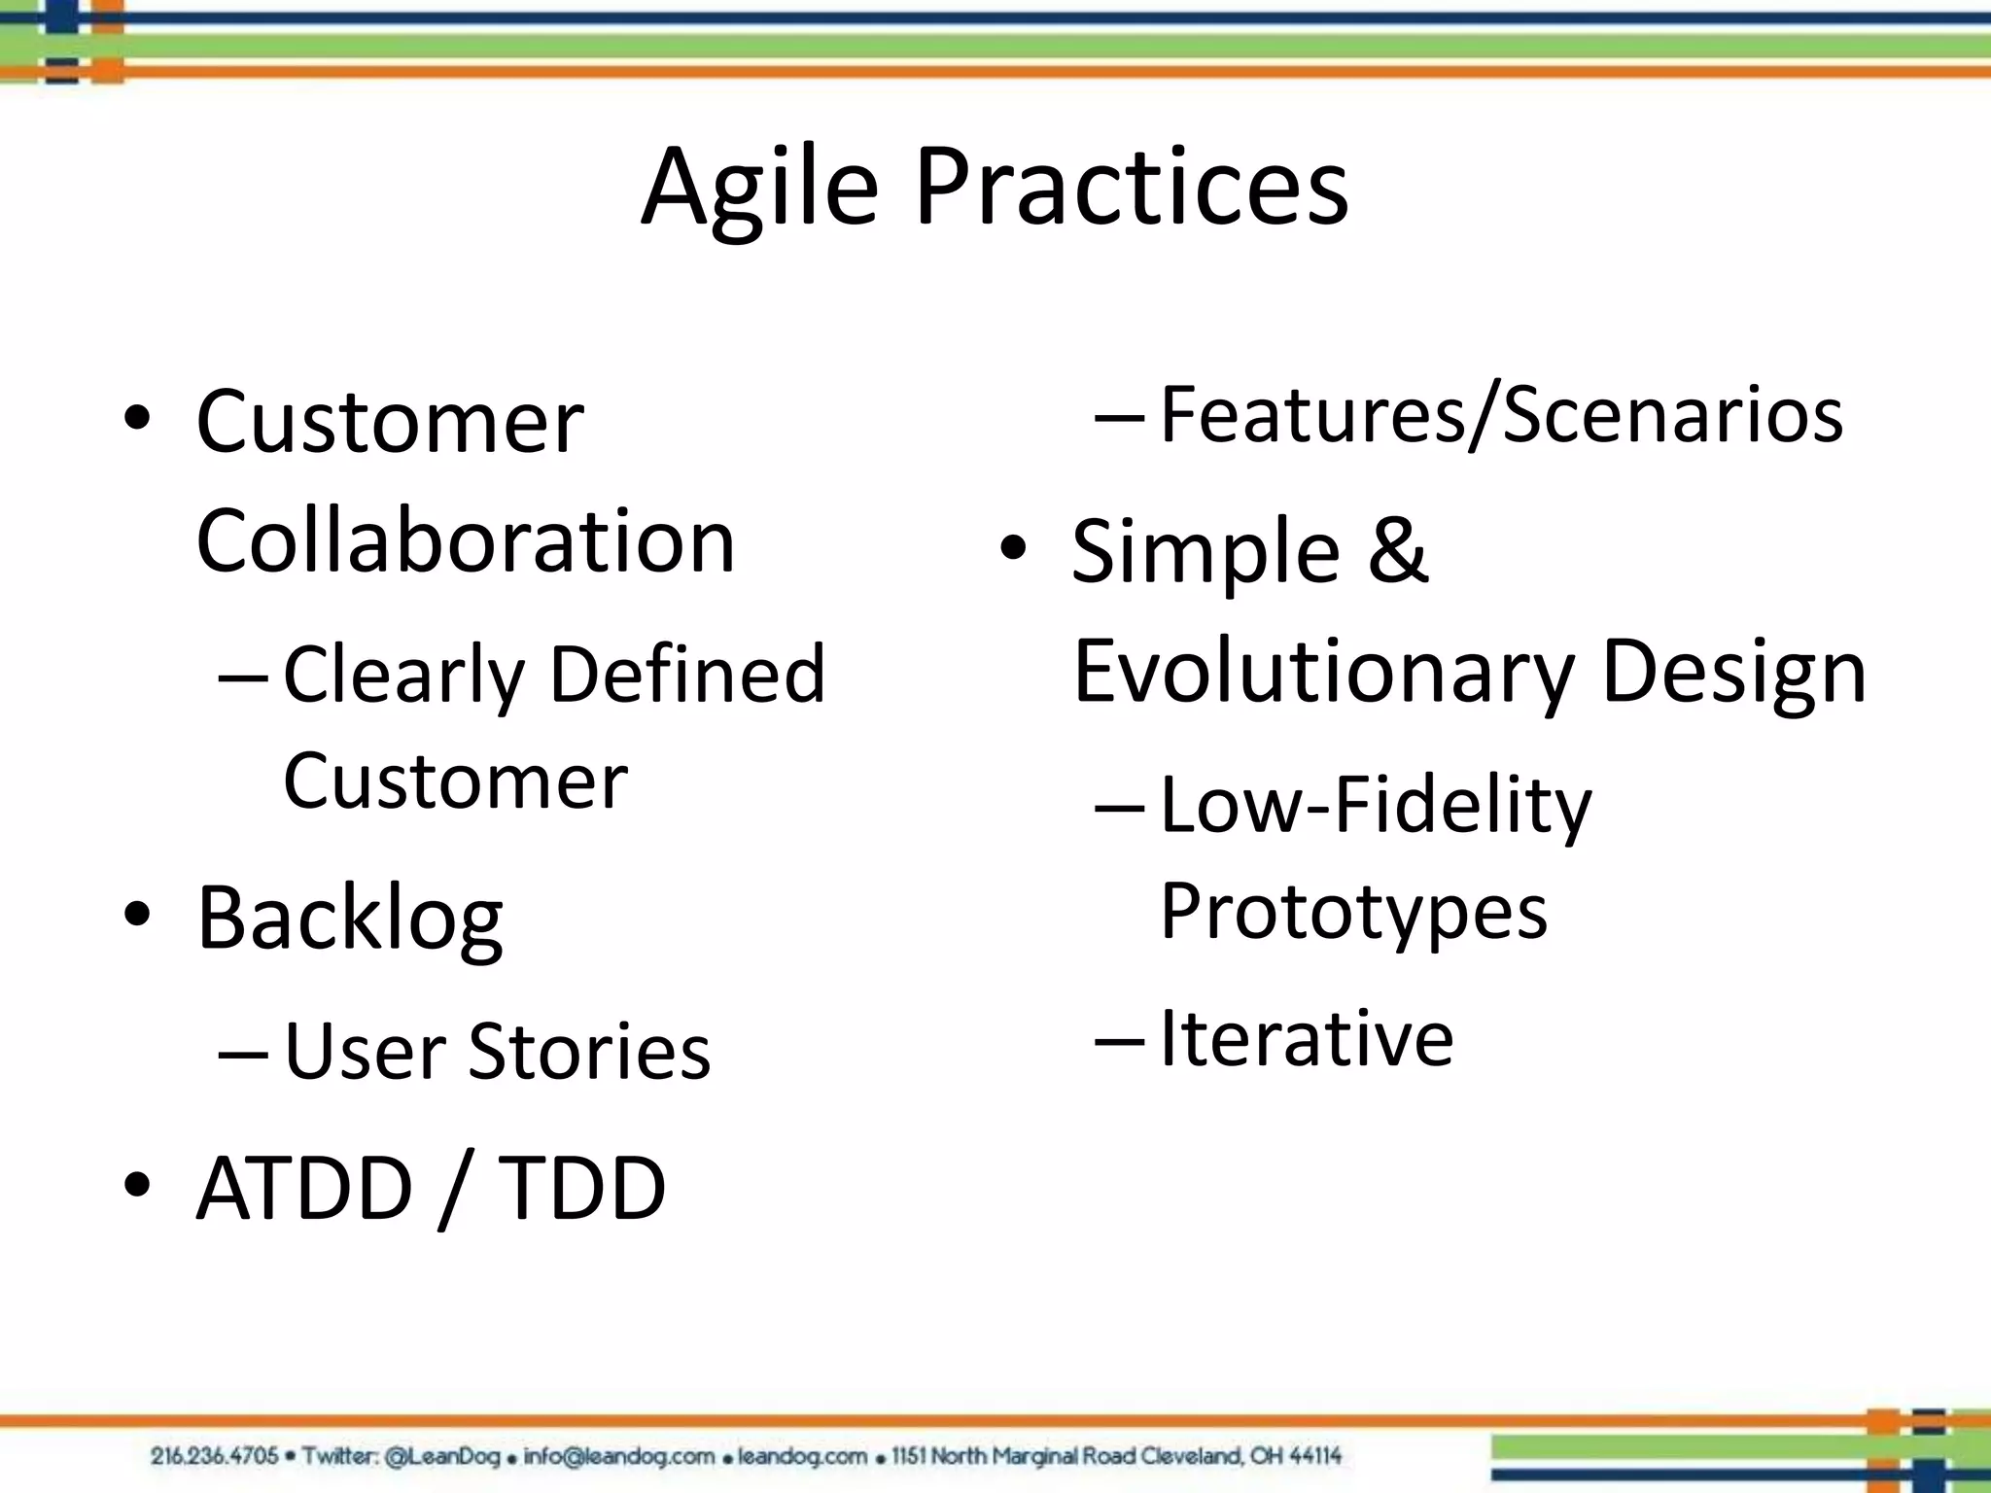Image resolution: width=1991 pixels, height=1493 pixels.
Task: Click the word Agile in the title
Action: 759,187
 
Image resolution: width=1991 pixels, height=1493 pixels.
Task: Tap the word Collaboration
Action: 466,541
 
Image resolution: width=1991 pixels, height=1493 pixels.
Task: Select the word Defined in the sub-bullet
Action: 687,674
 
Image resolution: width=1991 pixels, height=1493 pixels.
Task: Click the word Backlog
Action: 350,919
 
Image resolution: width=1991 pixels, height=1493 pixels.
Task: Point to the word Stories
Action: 589,1052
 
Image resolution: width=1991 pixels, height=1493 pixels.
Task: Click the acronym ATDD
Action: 304,1188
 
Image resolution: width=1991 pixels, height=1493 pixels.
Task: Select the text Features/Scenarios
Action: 1501,415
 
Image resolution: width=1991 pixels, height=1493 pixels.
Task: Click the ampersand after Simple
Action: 1398,551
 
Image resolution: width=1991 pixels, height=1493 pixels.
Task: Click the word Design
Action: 1733,673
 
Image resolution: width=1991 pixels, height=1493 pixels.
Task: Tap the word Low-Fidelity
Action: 1376,805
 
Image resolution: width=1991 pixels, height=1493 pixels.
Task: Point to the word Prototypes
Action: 1353,912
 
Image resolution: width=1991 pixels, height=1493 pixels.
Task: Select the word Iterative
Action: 1307,1038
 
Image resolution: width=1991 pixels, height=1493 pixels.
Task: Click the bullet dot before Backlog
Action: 137,915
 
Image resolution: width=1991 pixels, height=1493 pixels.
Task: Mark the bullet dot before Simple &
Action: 1013,548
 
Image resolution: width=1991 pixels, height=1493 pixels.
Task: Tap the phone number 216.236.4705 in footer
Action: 214,1456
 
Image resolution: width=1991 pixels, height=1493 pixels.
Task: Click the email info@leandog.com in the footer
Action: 619,1456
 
